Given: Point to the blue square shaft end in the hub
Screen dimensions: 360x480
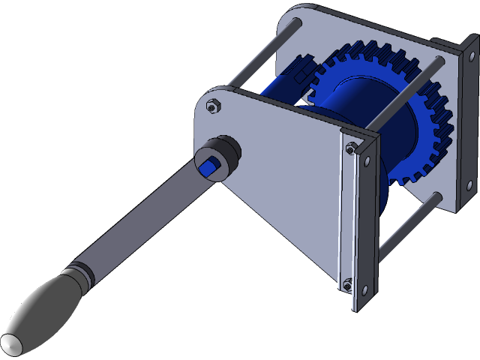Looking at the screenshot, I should click(206, 166).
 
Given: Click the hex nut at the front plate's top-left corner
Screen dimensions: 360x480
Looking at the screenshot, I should click(213, 106).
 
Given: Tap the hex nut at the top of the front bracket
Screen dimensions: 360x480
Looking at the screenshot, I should click(350, 148).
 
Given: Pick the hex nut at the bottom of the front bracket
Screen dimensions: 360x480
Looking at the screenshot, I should click(347, 283).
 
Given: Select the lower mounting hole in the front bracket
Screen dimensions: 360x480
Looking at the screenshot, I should click(364, 290).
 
